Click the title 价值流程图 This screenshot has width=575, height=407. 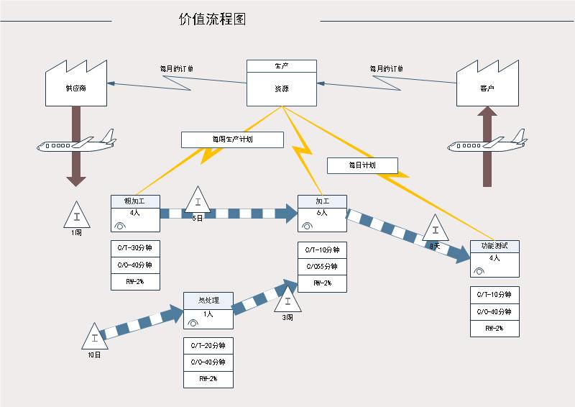(x=212, y=19)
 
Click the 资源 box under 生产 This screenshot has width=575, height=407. (x=282, y=89)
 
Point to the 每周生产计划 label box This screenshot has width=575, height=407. (x=232, y=140)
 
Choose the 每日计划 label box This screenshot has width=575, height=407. (x=362, y=165)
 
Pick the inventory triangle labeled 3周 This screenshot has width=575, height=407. (x=287, y=300)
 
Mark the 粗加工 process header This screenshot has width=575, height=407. (x=135, y=201)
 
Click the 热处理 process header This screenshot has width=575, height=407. (x=208, y=300)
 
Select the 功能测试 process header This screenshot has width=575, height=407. (x=494, y=246)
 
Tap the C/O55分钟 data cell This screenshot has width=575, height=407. (x=322, y=266)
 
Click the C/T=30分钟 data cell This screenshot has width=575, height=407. (x=135, y=248)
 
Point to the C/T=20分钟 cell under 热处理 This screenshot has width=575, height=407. (x=208, y=346)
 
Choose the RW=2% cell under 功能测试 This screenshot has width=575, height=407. (x=494, y=329)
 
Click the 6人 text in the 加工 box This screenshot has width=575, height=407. (x=322, y=213)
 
